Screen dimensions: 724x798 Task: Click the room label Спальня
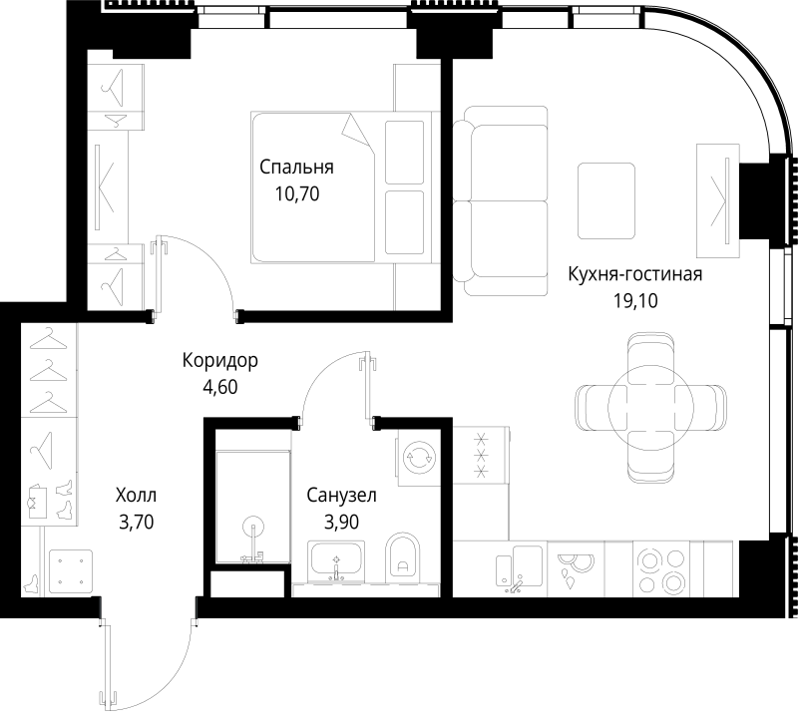tap(296, 168)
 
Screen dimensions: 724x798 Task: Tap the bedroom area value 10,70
tap(296, 194)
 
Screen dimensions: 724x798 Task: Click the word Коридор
tap(220, 360)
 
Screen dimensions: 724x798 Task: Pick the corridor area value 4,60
tap(220, 386)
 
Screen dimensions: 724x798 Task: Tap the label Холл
tap(136, 494)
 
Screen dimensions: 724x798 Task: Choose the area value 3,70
tap(136, 520)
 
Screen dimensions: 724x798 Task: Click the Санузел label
tap(341, 494)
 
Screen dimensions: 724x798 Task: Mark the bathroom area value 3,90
tap(341, 520)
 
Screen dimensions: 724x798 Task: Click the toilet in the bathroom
tap(403, 558)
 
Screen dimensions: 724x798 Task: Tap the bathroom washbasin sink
tap(336, 560)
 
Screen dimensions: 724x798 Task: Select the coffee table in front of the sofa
tap(606, 199)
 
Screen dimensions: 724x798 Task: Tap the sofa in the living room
tap(501, 199)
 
